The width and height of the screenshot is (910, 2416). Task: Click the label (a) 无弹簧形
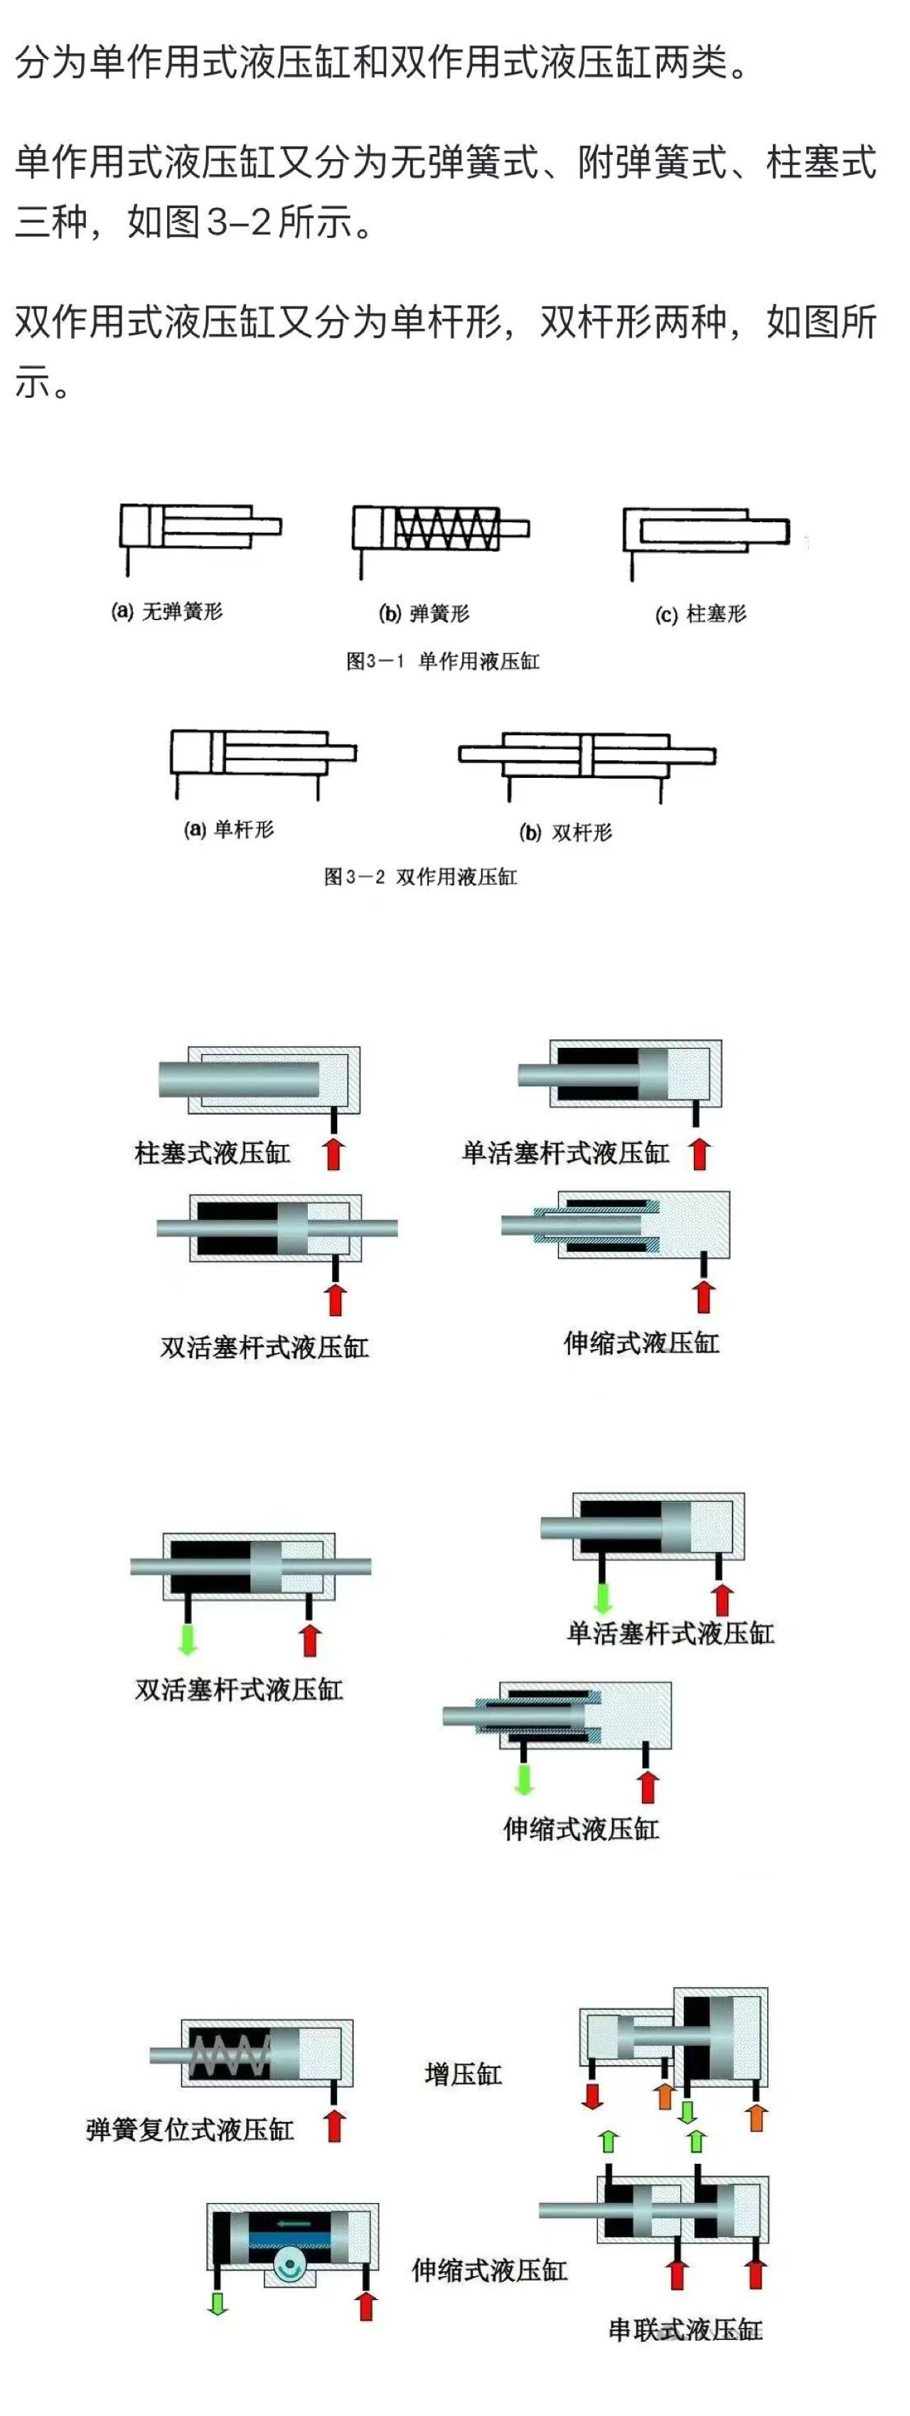coord(167,612)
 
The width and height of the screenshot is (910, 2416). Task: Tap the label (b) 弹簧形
coord(423,613)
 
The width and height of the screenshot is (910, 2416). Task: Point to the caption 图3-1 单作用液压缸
coord(443,661)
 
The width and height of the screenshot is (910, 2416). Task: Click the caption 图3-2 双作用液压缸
coord(420,877)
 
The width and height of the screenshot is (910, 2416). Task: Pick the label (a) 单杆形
coord(229,829)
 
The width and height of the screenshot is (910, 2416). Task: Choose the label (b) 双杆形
coord(566,832)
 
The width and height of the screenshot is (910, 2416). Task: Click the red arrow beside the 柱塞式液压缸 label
coord(333,1153)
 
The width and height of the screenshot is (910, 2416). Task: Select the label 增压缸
coord(464,2074)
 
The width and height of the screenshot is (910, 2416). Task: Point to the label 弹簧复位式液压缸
coord(190,2130)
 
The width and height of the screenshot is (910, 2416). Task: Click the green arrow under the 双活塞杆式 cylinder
coord(188,1637)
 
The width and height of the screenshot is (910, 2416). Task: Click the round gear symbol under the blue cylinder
coord(288,2268)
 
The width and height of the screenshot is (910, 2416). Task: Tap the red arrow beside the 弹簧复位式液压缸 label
coord(334,2125)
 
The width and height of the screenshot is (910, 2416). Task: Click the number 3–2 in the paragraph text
coord(238,223)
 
